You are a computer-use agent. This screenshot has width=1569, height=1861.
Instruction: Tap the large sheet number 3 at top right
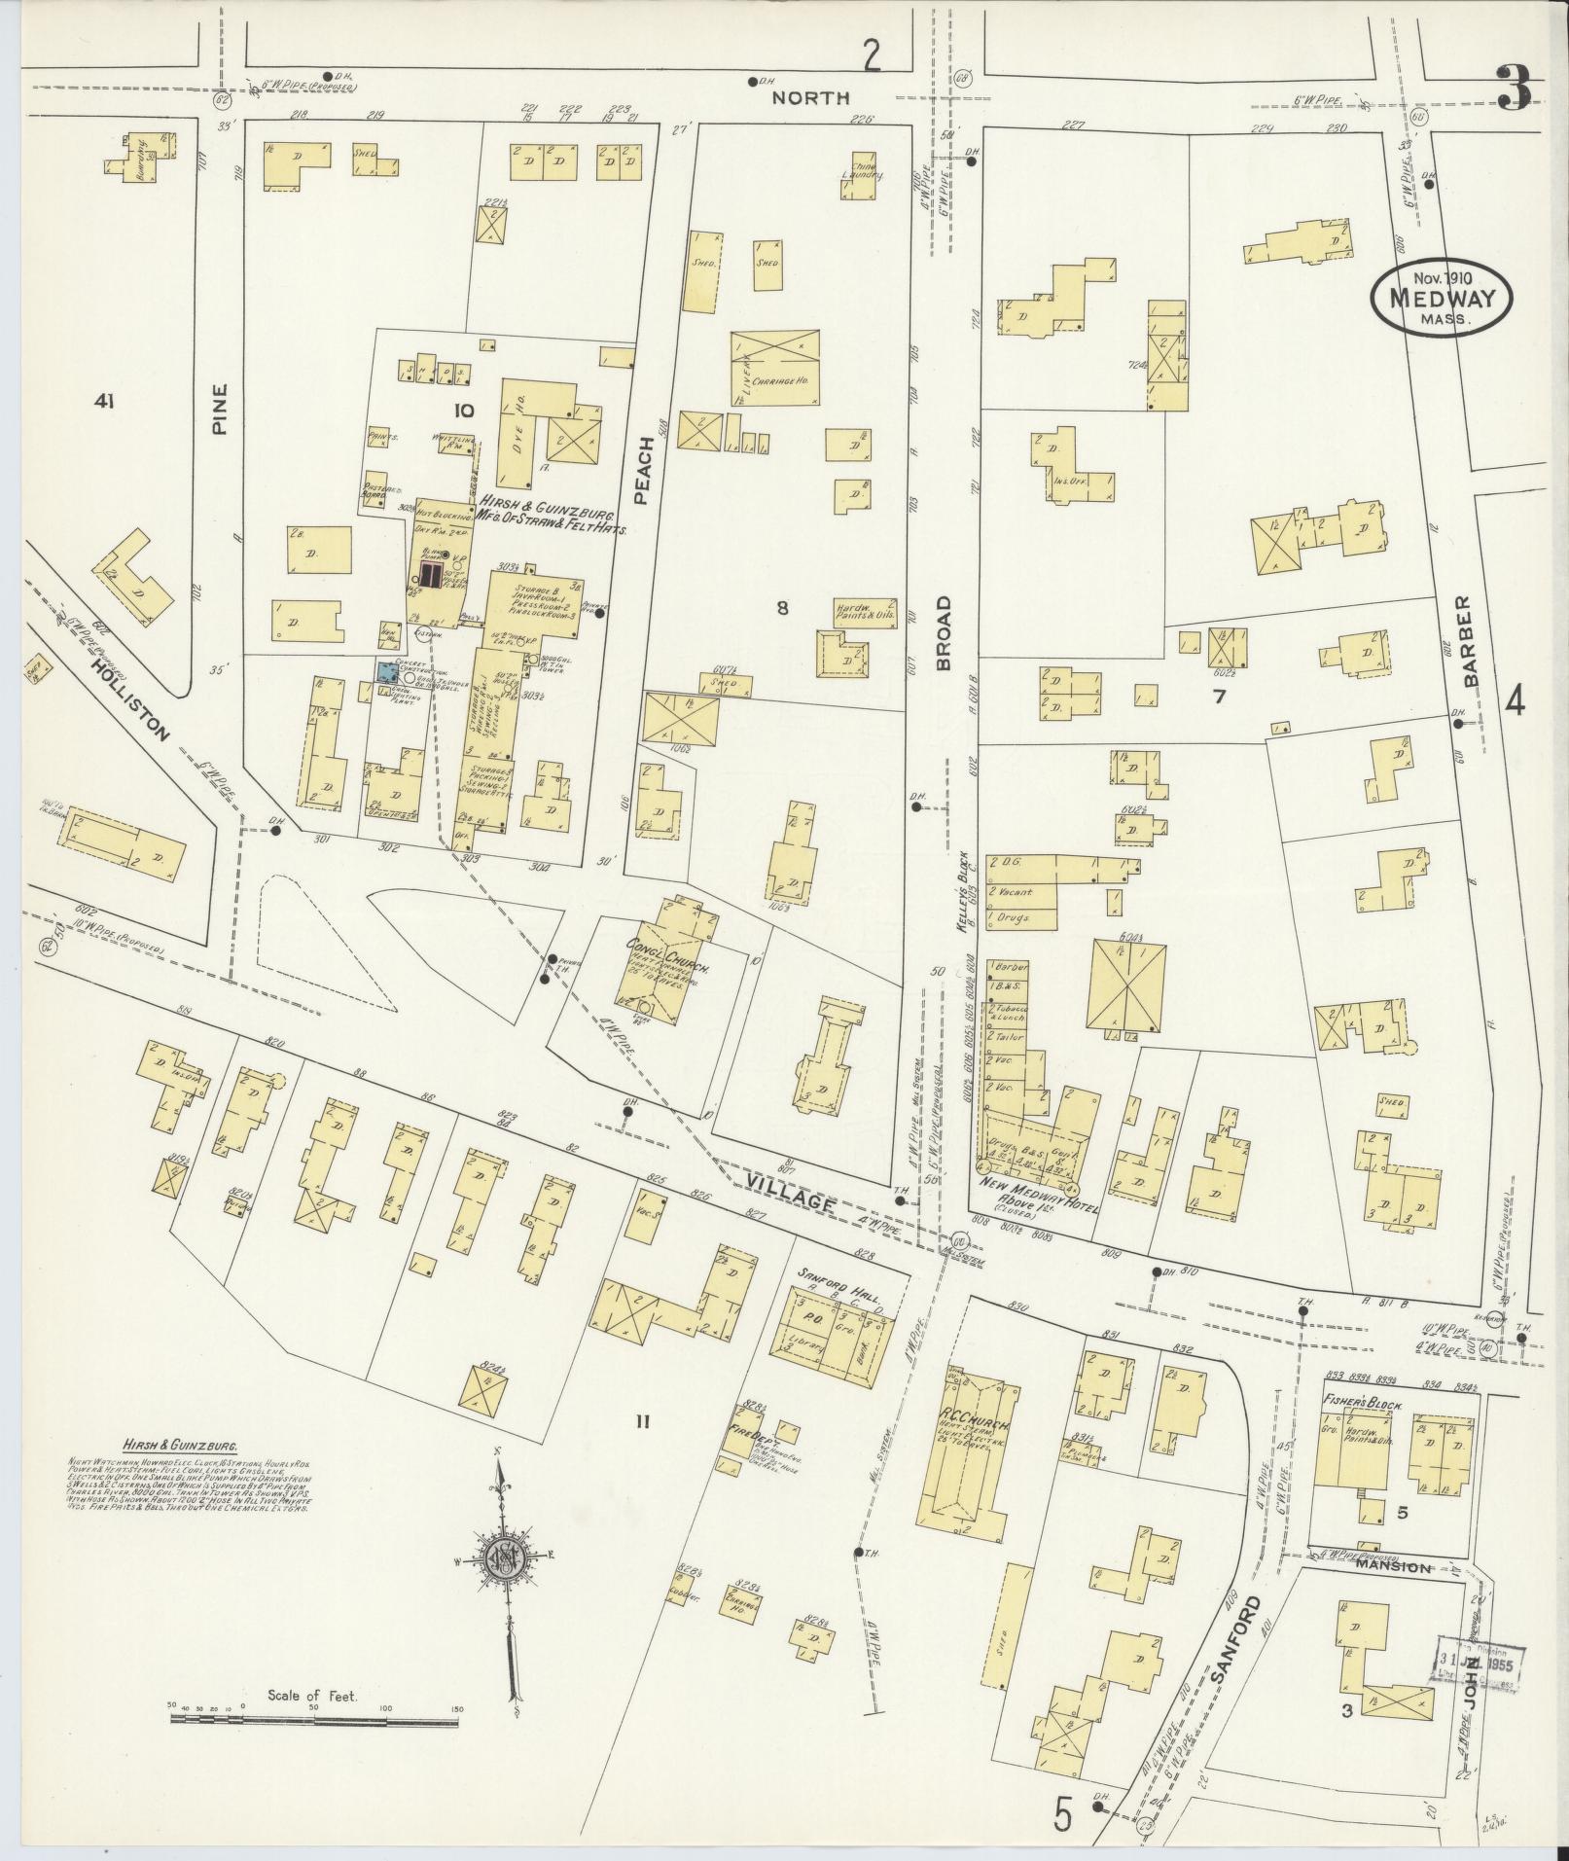click(x=1514, y=89)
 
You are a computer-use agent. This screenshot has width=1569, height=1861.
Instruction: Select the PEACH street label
click(x=641, y=471)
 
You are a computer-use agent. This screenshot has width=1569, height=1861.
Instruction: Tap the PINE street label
click(x=219, y=409)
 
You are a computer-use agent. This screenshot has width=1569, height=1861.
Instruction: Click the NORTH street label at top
click(x=810, y=97)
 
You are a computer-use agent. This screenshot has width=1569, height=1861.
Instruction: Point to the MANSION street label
click(x=1395, y=1569)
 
